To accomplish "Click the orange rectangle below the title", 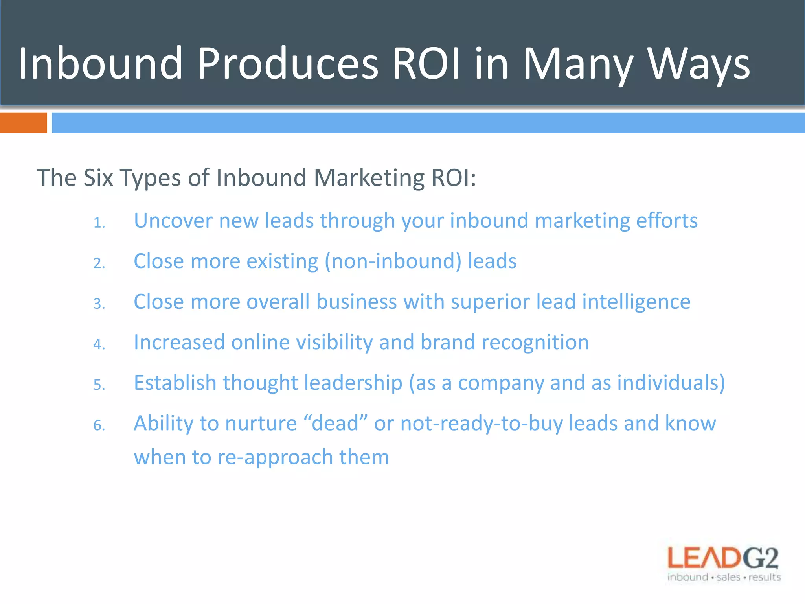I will coord(23,123).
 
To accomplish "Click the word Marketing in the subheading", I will coord(369,178).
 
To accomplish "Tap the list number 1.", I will coord(99,223).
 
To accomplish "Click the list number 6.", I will coord(99,426).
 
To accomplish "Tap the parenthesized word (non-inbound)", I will coord(393,261).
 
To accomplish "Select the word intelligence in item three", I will coord(636,302).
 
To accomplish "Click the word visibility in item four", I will coord(334,343).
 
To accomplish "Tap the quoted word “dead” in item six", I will coord(335,424).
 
